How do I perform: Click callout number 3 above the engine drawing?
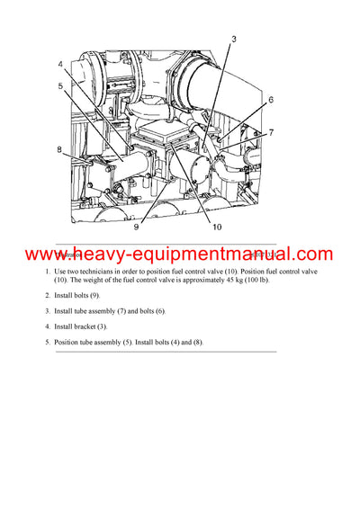point(233,39)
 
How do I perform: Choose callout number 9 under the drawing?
point(136,228)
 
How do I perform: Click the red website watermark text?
point(179,255)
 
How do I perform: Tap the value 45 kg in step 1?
point(224,280)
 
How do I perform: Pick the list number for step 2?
point(48,295)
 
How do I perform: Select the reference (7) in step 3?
point(138,310)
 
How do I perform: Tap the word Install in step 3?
point(67,310)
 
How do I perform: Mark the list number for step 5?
point(48,341)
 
